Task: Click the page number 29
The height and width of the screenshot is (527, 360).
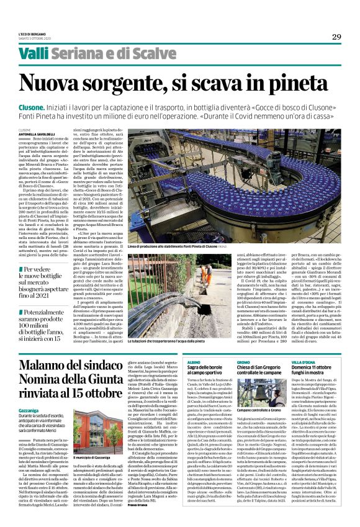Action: tap(336, 37)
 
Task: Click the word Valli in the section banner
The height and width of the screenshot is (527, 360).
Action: tap(34, 54)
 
